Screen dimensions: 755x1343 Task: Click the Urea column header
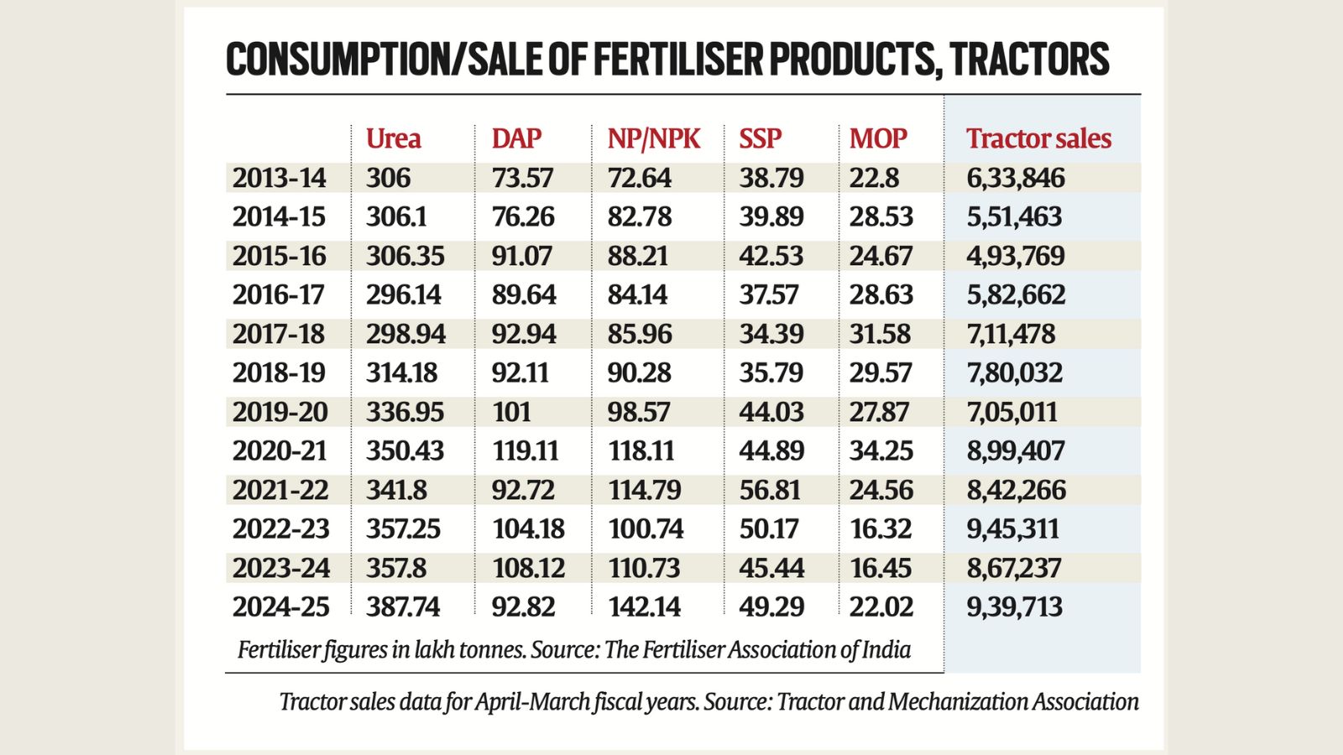click(x=393, y=138)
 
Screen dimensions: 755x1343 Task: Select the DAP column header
click(x=516, y=138)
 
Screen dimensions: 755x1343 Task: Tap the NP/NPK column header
click(x=653, y=138)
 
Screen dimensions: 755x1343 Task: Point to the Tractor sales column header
click(x=1038, y=138)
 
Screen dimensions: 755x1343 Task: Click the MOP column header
click(x=878, y=138)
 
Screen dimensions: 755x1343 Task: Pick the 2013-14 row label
click(x=279, y=178)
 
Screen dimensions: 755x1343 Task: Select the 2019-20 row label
click(x=280, y=412)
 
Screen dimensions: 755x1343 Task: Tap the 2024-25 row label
click(x=280, y=607)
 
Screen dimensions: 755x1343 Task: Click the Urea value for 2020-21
click(x=405, y=450)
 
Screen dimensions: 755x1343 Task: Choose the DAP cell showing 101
click(x=511, y=412)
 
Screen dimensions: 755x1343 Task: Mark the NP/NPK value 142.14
click(x=645, y=607)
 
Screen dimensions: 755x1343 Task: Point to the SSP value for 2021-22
click(x=771, y=490)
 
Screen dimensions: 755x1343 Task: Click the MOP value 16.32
click(x=880, y=528)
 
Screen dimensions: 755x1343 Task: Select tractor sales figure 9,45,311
click(x=1013, y=528)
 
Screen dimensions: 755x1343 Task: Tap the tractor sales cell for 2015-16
click(x=1015, y=256)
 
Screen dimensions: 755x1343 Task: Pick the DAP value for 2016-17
click(x=523, y=294)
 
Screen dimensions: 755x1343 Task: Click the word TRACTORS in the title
click(x=1030, y=60)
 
